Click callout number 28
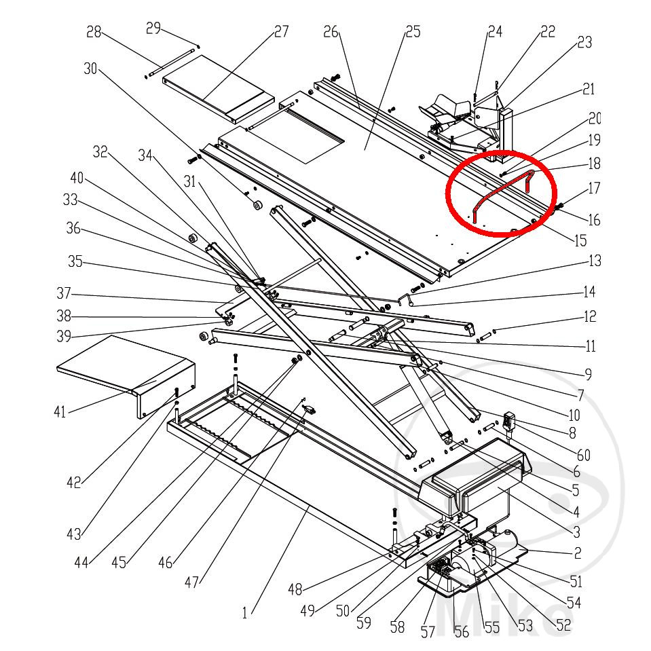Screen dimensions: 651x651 [x=94, y=32]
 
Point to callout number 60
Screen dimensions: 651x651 [x=584, y=455]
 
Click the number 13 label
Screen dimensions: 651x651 [x=595, y=261]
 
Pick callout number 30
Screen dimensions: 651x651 [x=91, y=68]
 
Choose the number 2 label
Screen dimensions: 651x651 [x=577, y=553]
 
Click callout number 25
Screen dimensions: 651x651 [x=413, y=31]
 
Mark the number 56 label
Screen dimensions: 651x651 [x=462, y=632]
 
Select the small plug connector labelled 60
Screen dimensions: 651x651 [x=510, y=422]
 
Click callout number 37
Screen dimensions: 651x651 [x=64, y=295]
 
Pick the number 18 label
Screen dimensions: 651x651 [x=595, y=164]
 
